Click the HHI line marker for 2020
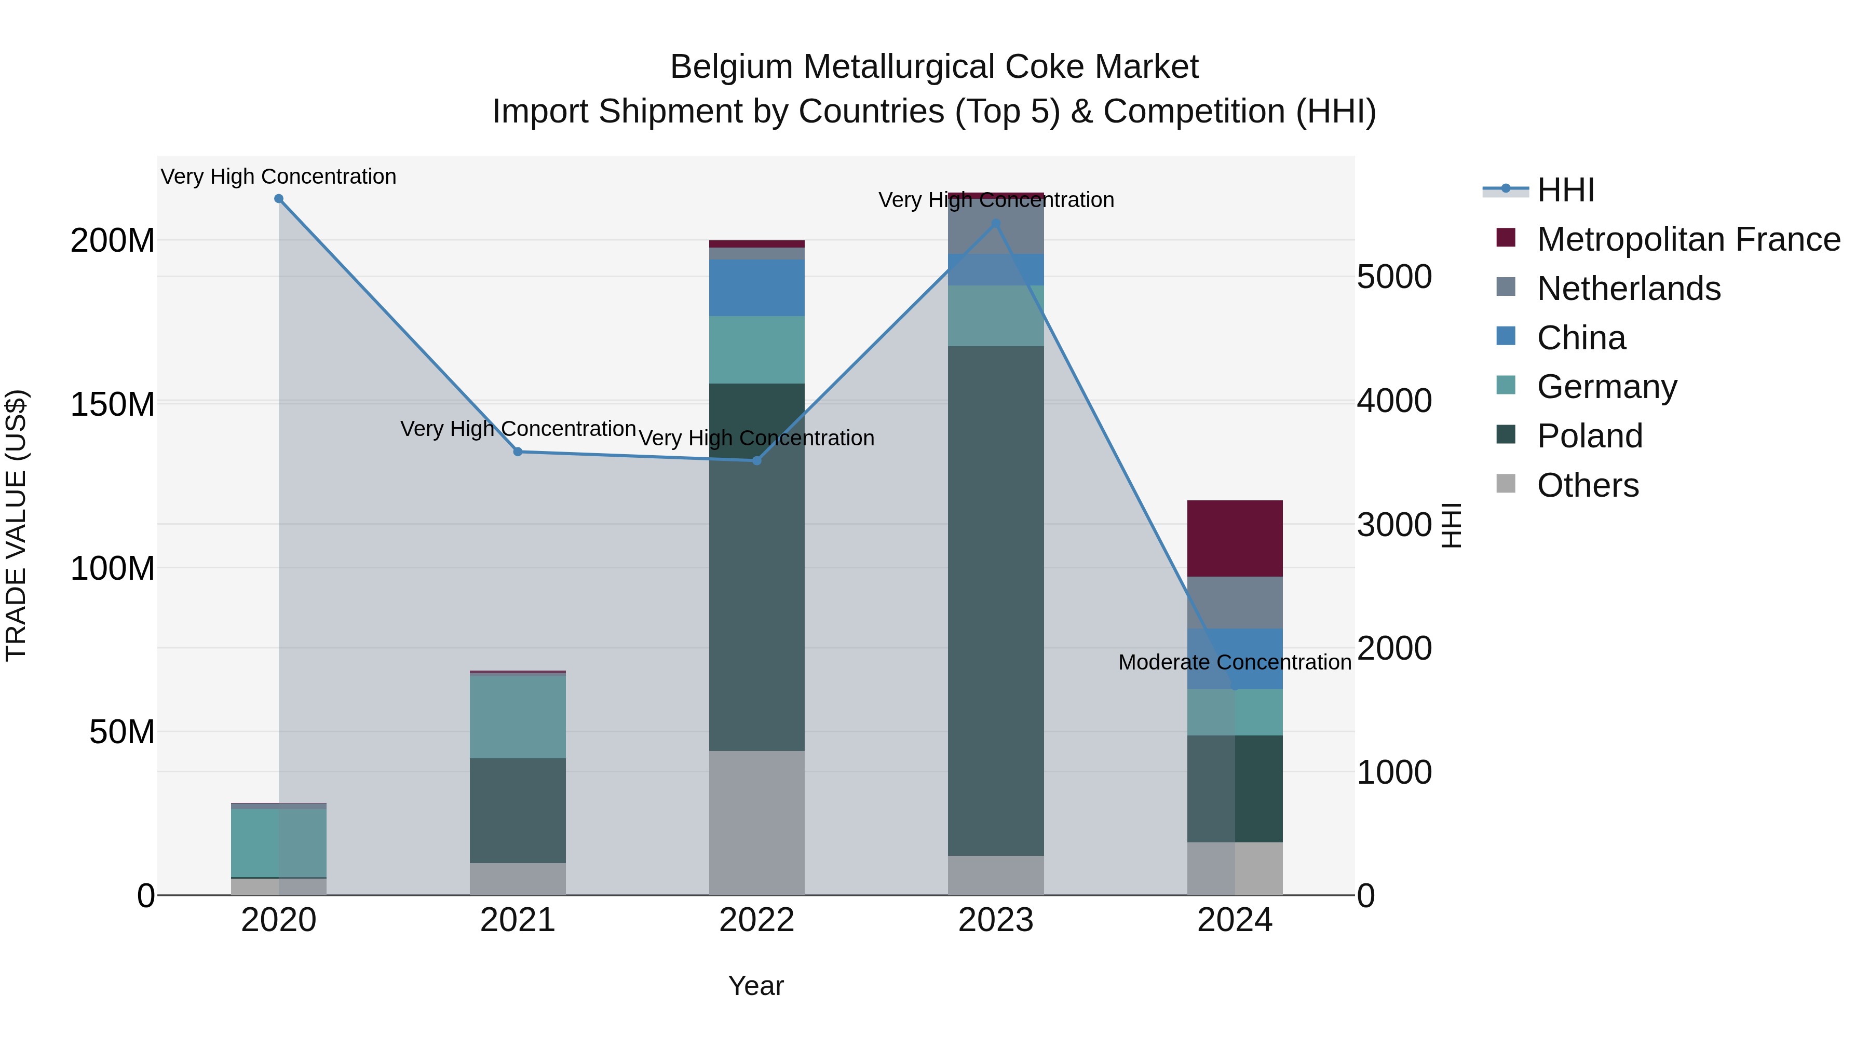[279, 199]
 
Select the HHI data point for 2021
[518, 452]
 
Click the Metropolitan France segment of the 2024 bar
[1235, 538]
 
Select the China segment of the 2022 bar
[757, 288]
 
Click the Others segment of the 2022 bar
[757, 823]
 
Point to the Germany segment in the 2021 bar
[518, 717]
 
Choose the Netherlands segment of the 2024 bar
[1235, 603]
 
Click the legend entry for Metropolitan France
[1688, 239]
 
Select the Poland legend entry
[1590, 436]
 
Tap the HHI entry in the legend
[1566, 190]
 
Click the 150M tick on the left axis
[113, 404]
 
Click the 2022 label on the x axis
[757, 920]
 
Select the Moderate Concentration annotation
[1235, 662]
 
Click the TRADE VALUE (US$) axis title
[16, 525]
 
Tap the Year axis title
[756, 986]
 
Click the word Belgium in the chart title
[732, 67]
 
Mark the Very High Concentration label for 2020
[279, 176]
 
